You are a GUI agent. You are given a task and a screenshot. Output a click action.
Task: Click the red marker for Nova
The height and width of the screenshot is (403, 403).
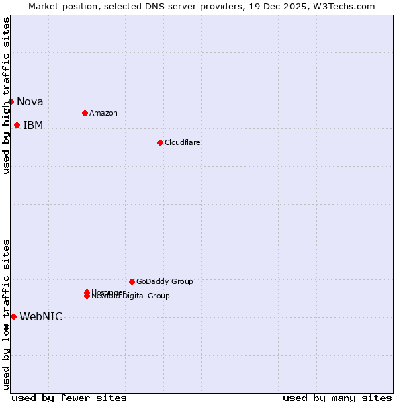[11, 101]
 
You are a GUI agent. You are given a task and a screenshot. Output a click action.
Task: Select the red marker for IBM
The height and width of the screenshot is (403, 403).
[17, 125]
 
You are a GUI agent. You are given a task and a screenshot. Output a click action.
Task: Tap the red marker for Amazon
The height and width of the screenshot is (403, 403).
[85, 113]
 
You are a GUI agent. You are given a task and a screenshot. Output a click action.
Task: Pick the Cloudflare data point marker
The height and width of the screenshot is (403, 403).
[160, 142]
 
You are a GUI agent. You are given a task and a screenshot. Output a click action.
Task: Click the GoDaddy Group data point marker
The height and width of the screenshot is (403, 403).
[132, 281]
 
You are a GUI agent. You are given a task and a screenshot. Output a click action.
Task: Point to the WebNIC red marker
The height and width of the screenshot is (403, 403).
[13, 316]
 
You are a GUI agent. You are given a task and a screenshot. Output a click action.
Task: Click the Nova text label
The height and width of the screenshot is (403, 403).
[30, 102]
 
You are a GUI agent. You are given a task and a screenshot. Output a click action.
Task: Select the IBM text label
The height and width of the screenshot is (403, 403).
[33, 126]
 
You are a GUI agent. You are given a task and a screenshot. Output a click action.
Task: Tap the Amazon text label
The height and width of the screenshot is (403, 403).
[103, 113]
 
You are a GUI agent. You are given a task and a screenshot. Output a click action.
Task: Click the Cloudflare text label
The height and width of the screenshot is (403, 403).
[183, 142]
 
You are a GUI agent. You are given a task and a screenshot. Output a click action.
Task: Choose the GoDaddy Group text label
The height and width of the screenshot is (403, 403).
[165, 281]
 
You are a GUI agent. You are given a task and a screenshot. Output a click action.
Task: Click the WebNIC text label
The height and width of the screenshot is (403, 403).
[41, 317]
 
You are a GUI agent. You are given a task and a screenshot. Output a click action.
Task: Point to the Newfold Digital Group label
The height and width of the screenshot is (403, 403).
[131, 296]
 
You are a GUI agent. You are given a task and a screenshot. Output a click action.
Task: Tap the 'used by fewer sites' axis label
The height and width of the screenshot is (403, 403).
[69, 398]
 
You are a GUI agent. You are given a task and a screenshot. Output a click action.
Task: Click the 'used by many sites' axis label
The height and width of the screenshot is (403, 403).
[337, 398]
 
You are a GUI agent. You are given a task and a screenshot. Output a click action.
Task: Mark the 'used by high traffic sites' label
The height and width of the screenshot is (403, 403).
[6, 95]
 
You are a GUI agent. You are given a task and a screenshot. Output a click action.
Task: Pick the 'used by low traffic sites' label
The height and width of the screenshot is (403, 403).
[6, 314]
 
